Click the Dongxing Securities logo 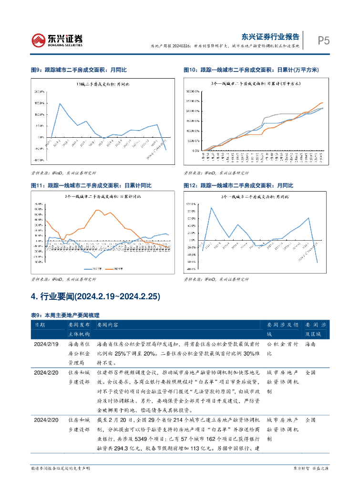tap(57, 40)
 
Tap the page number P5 tap(324, 41)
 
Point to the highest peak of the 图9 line tap(60, 103)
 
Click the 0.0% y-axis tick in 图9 tap(40, 137)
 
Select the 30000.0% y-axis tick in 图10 tap(193, 91)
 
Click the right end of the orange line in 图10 tap(322, 102)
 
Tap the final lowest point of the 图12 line tap(317, 263)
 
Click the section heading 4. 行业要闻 tap(95, 297)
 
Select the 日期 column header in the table tap(40, 324)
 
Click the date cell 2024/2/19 tap(46, 344)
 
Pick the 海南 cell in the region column tap(310, 344)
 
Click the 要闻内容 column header tap(107, 324)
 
